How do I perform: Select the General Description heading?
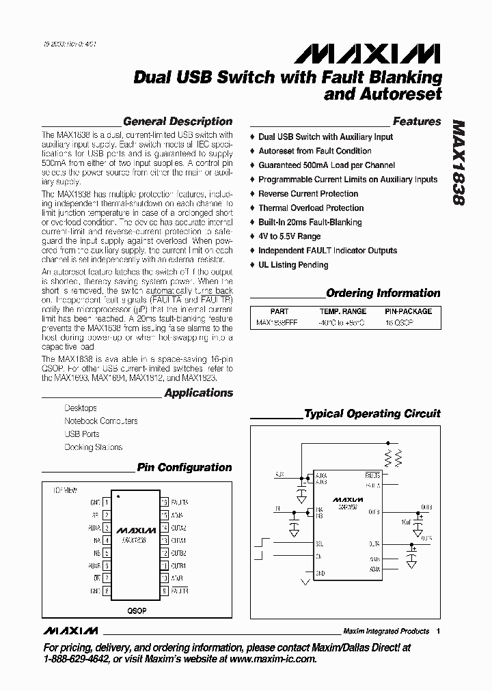point(177,122)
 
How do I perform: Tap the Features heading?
point(417,122)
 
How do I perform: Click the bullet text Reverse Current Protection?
point(308,194)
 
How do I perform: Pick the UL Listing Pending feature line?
point(293,265)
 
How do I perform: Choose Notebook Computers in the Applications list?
point(100,421)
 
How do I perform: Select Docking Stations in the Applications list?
point(94,447)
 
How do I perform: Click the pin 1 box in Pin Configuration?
point(106,502)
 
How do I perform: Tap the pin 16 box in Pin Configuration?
point(164,502)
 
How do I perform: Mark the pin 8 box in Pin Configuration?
point(106,591)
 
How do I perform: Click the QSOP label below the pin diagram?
point(137,610)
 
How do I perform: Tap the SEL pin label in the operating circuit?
point(319,544)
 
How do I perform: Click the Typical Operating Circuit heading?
point(372,414)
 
